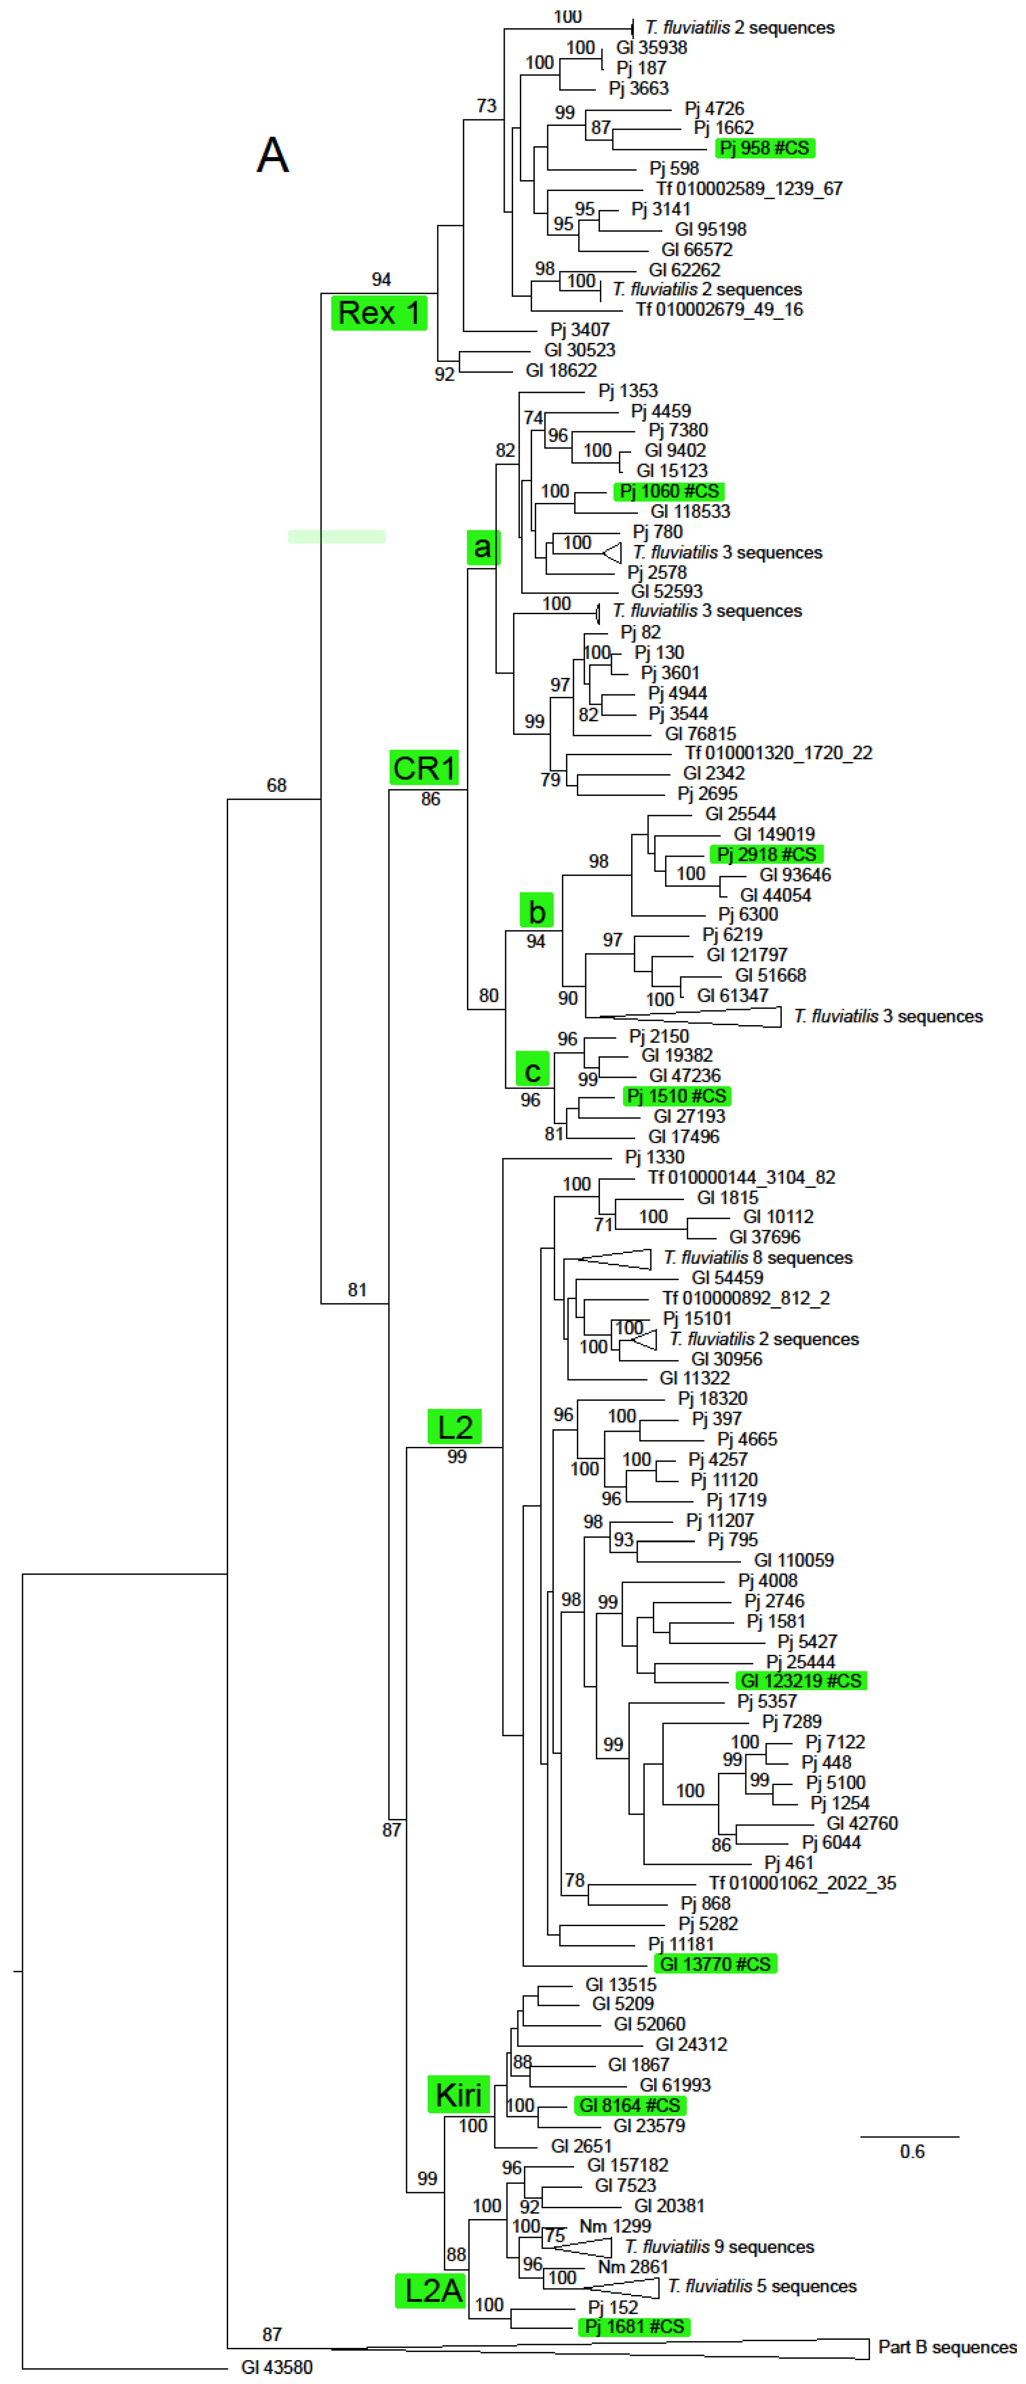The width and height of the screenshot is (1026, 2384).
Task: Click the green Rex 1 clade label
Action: (x=379, y=313)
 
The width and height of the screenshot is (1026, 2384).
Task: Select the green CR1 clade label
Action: (x=424, y=768)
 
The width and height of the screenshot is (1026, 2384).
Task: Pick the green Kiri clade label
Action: (x=458, y=2095)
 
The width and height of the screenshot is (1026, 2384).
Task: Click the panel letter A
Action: (x=272, y=155)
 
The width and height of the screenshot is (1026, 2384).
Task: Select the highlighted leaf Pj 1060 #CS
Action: (x=669, y=491)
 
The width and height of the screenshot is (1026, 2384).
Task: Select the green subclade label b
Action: (x=536, y=911)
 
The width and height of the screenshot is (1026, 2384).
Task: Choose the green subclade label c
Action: (x=533, y=1071)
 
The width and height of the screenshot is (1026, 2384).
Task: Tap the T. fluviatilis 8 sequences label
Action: (x=758, y=1258)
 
